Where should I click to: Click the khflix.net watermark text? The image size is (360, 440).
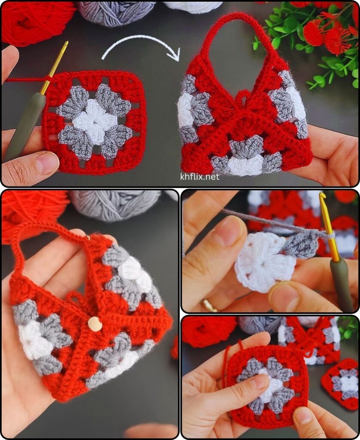199,177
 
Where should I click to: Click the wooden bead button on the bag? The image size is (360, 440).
93,324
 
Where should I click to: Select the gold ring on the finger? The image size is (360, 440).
209,306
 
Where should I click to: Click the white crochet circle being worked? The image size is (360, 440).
263,263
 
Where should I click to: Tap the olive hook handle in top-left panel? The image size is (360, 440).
27,125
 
